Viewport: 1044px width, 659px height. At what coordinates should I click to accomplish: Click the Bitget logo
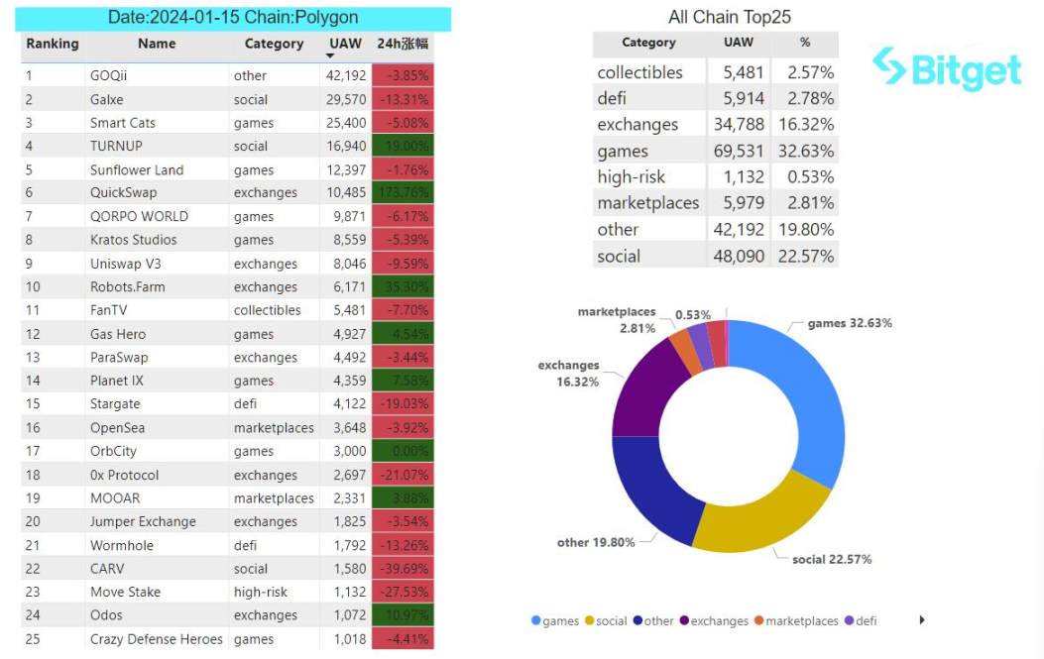point(946,68)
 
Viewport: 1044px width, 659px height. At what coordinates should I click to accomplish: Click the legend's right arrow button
point(922,620)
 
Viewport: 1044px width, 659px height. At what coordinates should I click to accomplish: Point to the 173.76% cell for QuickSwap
point(403,193)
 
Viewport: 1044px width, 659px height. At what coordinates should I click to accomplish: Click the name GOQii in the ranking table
point(108,75)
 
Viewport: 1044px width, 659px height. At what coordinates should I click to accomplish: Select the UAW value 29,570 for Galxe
point(346,99)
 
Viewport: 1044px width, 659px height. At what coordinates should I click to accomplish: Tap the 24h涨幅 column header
point(402,44)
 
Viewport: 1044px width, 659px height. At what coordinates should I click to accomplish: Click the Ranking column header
point(53,44)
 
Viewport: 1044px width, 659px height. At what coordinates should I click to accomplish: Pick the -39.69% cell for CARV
point(403,569)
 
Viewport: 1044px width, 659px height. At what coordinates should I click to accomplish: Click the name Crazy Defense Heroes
point(156,639)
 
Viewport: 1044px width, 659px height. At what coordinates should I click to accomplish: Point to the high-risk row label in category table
point(631,177)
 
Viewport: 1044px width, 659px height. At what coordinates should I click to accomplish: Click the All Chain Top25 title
point(729,17)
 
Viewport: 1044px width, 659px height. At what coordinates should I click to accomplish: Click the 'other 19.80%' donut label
point(594,542)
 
